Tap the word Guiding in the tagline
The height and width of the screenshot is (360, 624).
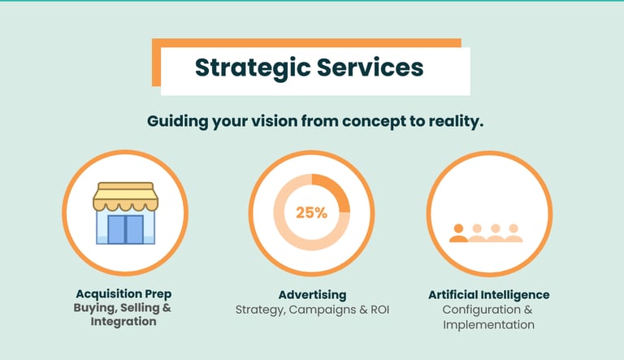(x=174, y=121)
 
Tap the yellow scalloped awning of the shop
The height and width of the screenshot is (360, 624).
(x=123, y=195)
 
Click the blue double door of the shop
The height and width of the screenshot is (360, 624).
(x=125, y=229)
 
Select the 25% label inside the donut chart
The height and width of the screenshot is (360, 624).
(x=311, y=213)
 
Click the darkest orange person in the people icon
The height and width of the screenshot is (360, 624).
(x=459, y=233)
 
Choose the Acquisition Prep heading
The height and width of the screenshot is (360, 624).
(x=123, y=294)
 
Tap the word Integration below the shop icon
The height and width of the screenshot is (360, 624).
(x=123, y=323)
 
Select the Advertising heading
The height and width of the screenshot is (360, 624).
(x=312, y=294)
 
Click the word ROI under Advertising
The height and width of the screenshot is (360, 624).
(x=378, y=310)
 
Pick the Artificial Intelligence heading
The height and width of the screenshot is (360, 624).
(x=488, y=294)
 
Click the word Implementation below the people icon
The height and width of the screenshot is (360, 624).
(x=488, y=324)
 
